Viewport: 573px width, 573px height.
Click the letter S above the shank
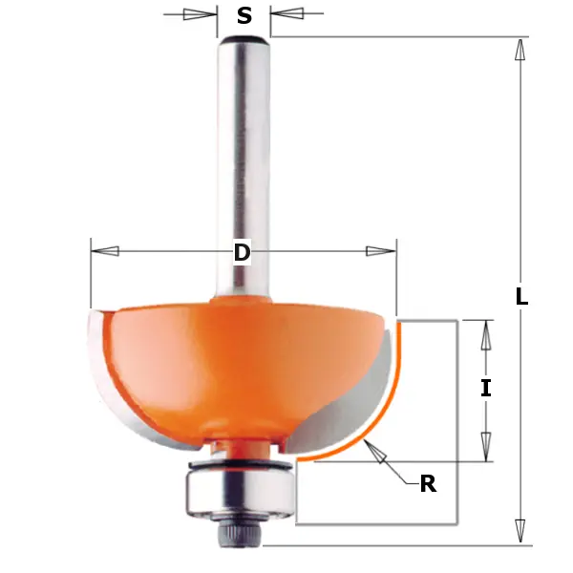coord(244,15)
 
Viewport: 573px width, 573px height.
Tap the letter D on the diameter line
coord(243,252)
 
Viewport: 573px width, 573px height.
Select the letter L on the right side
coord(521,297)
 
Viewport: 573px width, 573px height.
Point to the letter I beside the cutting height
coord(486,388)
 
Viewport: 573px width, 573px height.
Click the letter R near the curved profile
coord(428,484)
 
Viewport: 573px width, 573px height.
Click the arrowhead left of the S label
coord(200,14)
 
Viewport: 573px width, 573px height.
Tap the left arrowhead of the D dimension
coord(105,251)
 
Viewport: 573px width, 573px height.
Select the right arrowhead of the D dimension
coord(380,251)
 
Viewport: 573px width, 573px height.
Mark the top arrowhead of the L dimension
coord(520,50)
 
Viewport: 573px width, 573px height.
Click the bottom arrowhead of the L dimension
coord(520,530)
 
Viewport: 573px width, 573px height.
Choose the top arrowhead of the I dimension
coord(486,334)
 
